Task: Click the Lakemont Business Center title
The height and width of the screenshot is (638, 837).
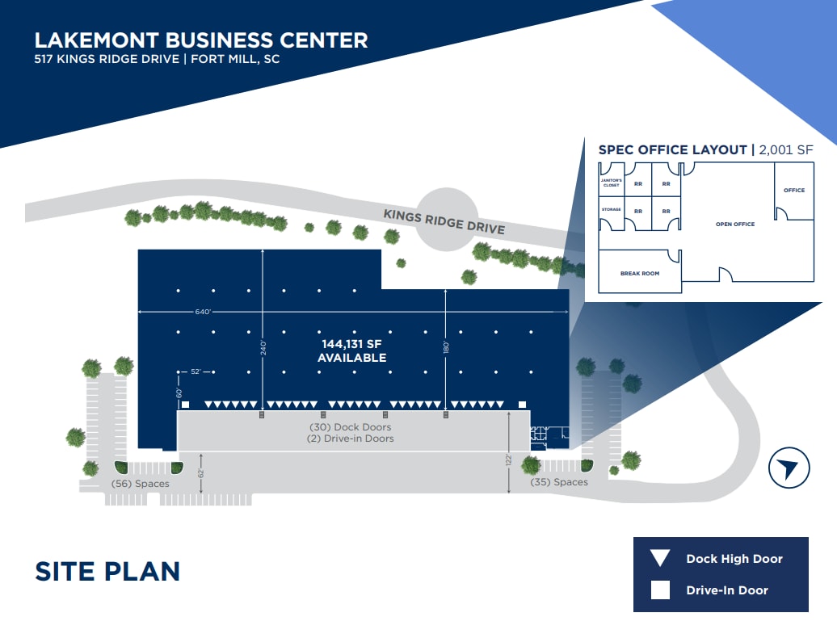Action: coord(201,40)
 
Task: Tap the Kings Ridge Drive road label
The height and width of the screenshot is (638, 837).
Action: coord(444,222)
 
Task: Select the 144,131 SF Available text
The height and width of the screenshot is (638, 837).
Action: coord(351,351)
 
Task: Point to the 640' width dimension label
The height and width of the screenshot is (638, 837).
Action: coord(203,312)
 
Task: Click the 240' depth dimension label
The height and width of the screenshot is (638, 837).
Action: coord(263,348)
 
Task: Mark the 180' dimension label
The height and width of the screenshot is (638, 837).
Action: coord(446,347)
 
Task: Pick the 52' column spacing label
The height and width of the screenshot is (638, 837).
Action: coord(196,371)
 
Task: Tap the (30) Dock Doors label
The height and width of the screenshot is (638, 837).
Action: coord(350,426)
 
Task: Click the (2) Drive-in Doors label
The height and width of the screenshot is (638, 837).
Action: coord(350,439)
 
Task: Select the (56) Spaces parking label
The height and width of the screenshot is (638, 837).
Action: coord(140,484)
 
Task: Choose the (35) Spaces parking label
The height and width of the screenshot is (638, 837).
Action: coord(559,482)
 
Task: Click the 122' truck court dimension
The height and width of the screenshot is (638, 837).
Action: coord(509,459)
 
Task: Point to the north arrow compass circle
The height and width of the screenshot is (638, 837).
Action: coord(789,468)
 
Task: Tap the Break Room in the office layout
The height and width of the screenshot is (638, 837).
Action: coord(640,273)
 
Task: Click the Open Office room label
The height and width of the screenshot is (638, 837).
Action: coord(735,224)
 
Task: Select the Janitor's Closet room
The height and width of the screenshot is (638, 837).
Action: coord(612,180)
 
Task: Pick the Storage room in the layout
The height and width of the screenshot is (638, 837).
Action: coord(612,213)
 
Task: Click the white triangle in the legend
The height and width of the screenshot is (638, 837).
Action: coord(660,558)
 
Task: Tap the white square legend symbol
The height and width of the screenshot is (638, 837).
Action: coord(660,590)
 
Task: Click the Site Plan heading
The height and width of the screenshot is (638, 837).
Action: coord(107,571)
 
